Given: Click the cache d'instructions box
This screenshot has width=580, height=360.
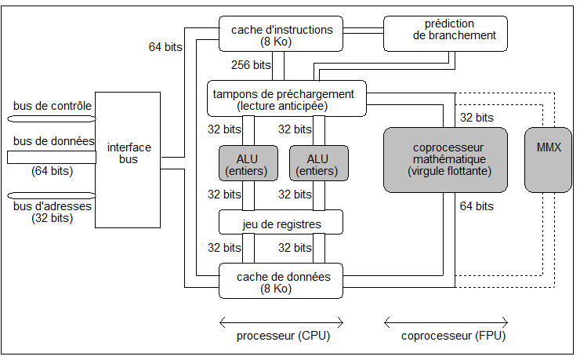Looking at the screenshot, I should coord(281,35).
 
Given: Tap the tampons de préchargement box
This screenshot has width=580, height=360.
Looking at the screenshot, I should coord(287,100).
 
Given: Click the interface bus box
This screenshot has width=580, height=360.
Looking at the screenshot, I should coord(130,153).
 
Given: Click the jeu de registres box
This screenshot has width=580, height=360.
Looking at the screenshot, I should coord(281,224).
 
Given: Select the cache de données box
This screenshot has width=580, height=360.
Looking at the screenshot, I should coord(281,282).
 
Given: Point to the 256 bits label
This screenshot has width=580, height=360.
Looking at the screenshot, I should coord(252,65).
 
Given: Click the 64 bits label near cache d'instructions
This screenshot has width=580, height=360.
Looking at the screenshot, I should coord(165,47).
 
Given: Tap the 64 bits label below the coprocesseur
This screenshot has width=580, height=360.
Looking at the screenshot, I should coord(477,206).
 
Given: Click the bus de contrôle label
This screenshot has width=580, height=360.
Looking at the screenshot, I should coord(53,106).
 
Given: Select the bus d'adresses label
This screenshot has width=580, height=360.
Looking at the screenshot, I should coord(53,206).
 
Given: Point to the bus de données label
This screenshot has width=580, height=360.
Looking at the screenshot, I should coord(53,142).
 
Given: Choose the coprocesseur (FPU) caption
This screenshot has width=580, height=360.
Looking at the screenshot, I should coord(446,336).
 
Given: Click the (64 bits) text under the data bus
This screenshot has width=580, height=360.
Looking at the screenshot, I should coord(52,170).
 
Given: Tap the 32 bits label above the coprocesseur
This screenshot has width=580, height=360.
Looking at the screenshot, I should coord(477,118).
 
